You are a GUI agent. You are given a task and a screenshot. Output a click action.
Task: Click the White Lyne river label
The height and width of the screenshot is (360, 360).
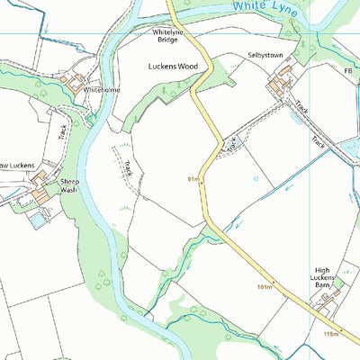[263, 6]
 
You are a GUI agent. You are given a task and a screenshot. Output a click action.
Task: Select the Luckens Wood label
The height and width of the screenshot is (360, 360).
[172, 67]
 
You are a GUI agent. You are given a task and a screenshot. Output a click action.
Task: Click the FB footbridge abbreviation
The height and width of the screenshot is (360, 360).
[348, 70]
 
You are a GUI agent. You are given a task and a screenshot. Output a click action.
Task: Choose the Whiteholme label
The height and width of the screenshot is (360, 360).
[101, 90]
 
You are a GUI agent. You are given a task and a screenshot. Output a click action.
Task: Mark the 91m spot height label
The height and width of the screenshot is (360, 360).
[193, 179]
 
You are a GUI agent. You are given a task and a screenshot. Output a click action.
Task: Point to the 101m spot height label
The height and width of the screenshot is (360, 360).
[264, 287]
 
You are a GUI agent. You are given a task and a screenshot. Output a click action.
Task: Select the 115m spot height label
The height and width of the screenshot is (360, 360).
[331, 334]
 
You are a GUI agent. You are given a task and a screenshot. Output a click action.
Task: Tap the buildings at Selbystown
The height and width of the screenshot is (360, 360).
[278, 85]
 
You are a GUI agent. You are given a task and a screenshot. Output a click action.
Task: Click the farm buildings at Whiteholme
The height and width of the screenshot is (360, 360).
[71, 85]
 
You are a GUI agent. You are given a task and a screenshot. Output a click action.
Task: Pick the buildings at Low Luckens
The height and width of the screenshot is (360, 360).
[40, 194]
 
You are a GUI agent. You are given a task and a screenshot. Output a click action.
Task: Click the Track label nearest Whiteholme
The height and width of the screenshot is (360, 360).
[63, 131]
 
